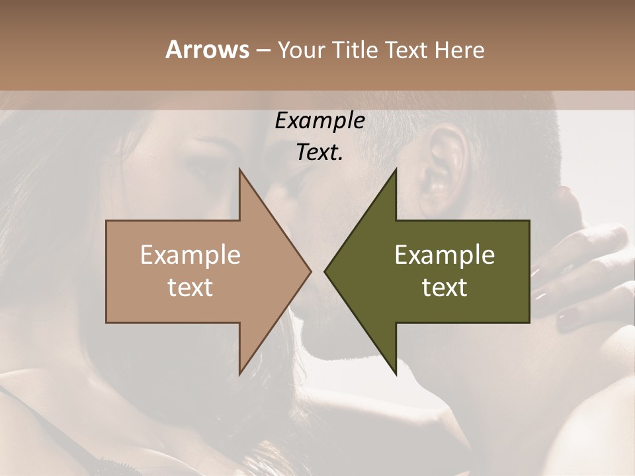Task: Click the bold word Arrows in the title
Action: (207, 50)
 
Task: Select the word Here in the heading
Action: (460, 50)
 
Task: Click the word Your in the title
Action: (302, 50)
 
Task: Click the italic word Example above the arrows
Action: (319, 121)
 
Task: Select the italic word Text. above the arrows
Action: (319, 153)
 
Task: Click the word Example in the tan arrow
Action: (190, 255)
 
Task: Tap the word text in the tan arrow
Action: (190, 287)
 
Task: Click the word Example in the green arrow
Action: (444, 255)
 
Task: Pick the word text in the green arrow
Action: (444, 287)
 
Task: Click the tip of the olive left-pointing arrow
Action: (325, 271)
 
